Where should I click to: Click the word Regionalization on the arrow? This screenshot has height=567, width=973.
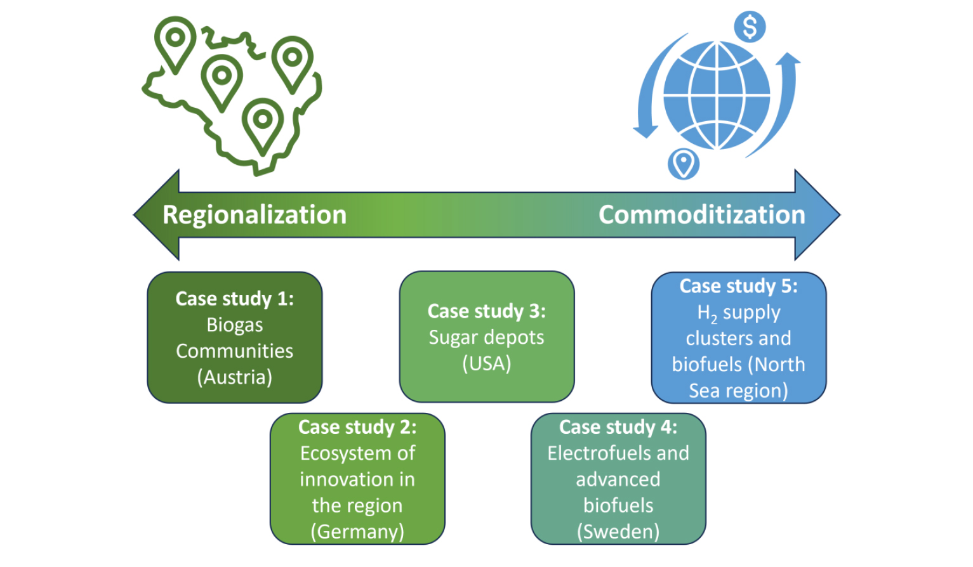pyautogui.click(x=255, y=216)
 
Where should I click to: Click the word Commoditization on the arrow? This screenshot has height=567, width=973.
pyautogui.click(x=702, y=215)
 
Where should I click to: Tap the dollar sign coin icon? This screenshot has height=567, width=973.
pyautogui.click(x=750, y=27)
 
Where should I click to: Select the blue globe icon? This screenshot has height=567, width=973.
pyautogui.click(x=717, y=96)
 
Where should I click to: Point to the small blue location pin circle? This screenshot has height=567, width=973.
pyautogui.click(x=684, y=164)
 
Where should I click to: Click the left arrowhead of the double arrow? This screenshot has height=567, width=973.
pyautogui.click(x=156, y=215)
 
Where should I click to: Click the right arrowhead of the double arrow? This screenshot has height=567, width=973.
pyautogui.click(x=817, y=215)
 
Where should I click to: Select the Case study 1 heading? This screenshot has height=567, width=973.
pyautogui.click(x=235, y=299)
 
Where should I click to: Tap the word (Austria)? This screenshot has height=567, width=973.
pyautogui.click(x=235, y=377)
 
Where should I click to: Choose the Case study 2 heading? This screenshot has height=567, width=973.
pyautogui.click(x=357, y=427)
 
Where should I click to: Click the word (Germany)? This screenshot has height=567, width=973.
pyautogui.click(x=357, y=531)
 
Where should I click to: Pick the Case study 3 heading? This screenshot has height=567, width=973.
pyautogui.click(x=486, y=311)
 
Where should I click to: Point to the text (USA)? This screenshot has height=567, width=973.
pyautogui.click(x=486, y=363)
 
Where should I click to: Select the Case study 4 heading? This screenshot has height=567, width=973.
pyautogui.click(x=618, y=427)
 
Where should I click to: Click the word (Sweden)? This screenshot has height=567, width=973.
pyautogui.click(x=618, y=531)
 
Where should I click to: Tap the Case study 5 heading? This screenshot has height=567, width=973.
pyautogui.click(x=738, y=286)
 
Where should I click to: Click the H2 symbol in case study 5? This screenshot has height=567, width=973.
pyautogui.click(x=707, y=313)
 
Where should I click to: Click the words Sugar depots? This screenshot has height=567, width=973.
pyautogui.click(x=486, y=338)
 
